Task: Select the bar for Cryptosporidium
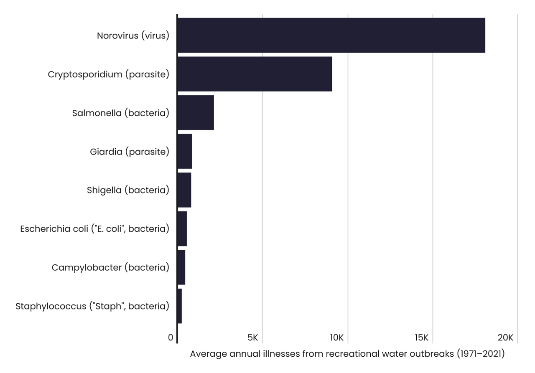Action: tap(255, 74)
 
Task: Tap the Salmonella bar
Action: tap(196, 113)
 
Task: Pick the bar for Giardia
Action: tap(185, 151)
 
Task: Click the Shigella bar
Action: tap(184, 190)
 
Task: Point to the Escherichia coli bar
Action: tap(182, 229)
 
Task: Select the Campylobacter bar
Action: tap(181, 267)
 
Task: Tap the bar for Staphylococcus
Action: tap(180, 306)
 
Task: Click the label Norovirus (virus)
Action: tap(133, 36)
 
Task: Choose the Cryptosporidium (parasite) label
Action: tap(108, 74)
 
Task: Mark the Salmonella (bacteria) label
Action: tap(120, 113)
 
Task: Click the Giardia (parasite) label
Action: tap(130, 152)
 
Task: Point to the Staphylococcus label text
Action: tap(92, 306)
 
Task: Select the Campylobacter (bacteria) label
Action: tap(110, 268)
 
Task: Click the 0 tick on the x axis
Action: tap(171, 337)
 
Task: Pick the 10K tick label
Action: tap(337, 337)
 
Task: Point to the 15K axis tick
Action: tap(422, 337)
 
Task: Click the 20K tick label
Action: tap(506, 337)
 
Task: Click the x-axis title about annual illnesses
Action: tap(347, 354)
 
